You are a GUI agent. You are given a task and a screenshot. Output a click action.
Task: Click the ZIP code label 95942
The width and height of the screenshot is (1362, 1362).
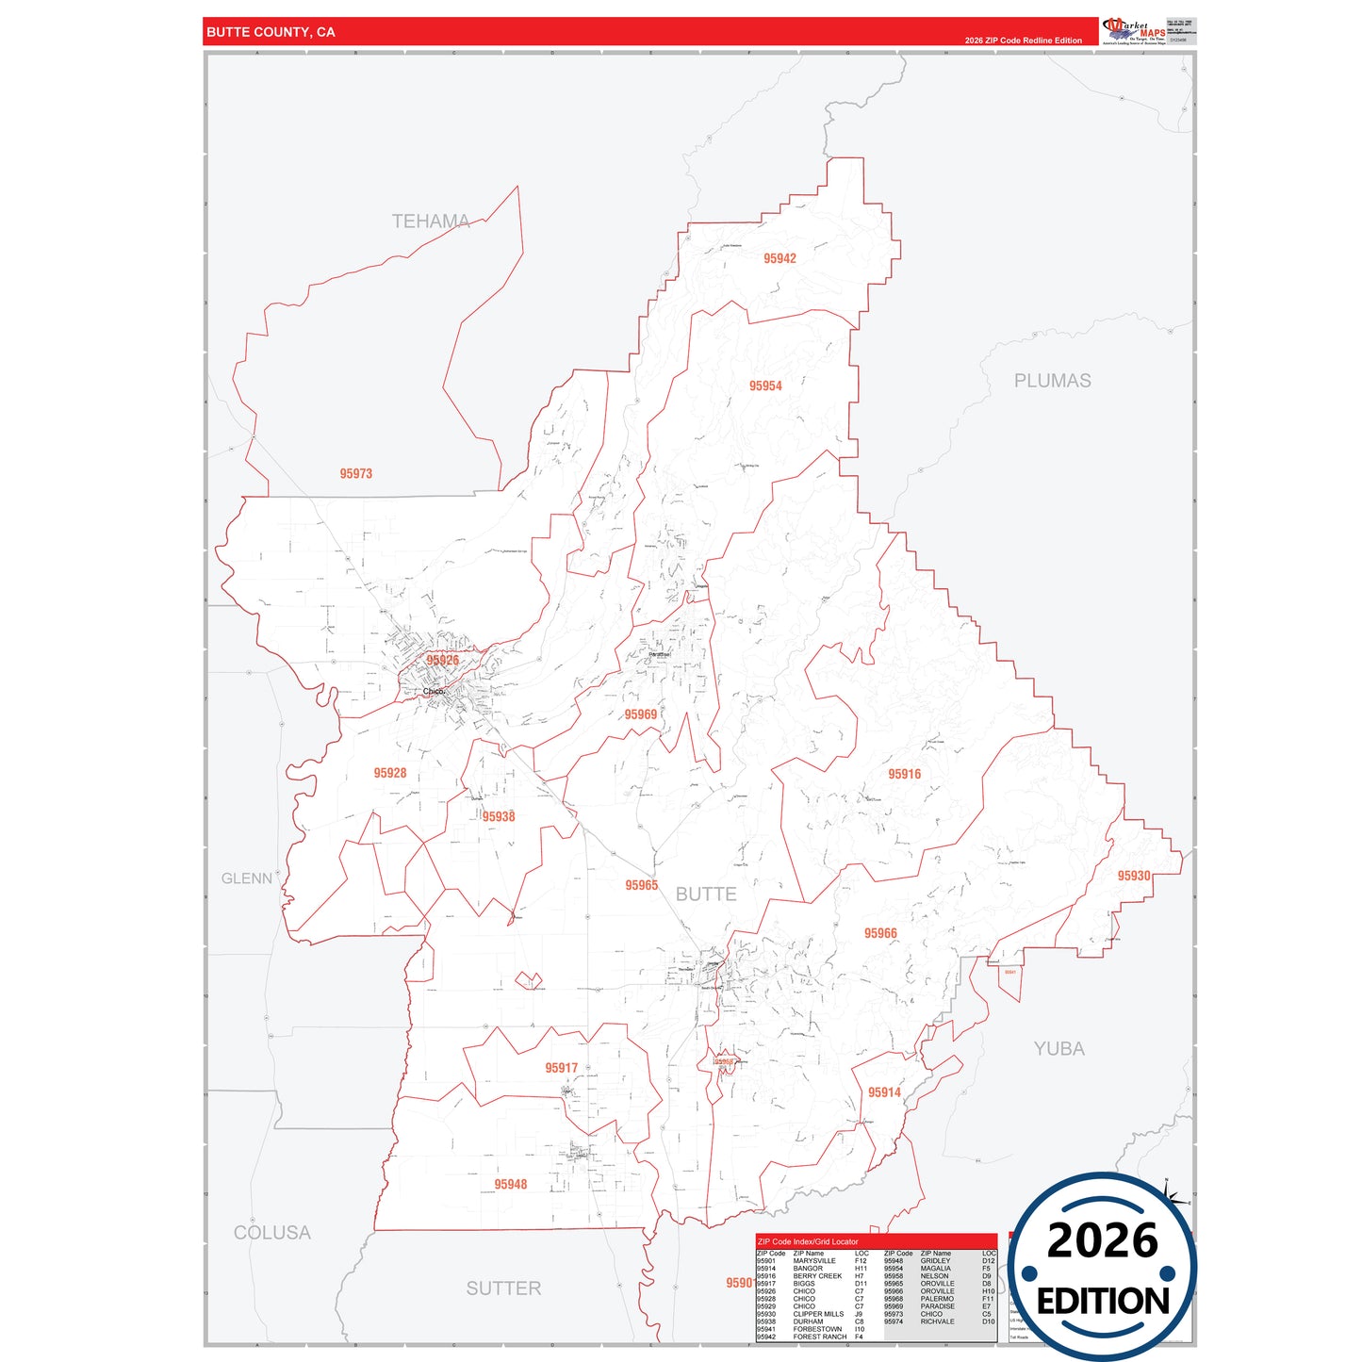pyautogui.click(x=779, y=258)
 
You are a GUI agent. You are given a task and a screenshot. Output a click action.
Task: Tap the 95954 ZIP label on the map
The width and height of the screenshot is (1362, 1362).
pyautogui.click(x=765, y=386)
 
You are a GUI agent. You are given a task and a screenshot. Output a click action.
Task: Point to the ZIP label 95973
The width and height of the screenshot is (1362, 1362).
pyautogui.click(x=356, y=474)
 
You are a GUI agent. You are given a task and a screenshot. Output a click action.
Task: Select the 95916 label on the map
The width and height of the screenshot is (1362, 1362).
pyautogui.click(x=904, y=774)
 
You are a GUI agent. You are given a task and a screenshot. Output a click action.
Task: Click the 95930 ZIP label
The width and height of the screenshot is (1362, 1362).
pyautogui.click(x=1134, y=876)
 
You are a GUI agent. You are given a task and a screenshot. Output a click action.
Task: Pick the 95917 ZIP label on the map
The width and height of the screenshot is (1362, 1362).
pyautogui.click(x=561, y=1068)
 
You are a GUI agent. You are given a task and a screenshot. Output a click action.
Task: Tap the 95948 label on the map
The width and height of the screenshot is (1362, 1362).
pyautogui.click(x=511, y=1185)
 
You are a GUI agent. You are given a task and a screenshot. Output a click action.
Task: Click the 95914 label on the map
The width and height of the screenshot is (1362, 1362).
pyautogui.click(x=884, y=1092)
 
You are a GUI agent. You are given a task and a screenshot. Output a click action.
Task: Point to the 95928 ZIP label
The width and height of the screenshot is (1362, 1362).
pyautogui.click(x=390, y=773)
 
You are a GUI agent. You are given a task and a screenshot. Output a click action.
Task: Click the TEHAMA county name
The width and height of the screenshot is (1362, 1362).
pyautogui.click(x=431, y=222)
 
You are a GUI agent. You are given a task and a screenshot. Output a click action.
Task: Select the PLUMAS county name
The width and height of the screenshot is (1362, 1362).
pyautogui.click(x=1052, y=381)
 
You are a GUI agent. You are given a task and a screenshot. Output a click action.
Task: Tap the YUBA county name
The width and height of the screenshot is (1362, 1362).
pyautogui.click(x=1058, y=1048)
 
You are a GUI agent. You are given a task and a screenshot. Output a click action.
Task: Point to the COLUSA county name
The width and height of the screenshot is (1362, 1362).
pyautogui.click(x=272, y=1233)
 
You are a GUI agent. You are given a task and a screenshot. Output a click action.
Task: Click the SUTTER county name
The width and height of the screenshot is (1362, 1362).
pyautogui.click(x=503, y=1288)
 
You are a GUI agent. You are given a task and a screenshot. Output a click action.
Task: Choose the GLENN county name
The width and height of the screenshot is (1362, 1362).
pyautogui.click(x=247, y=878)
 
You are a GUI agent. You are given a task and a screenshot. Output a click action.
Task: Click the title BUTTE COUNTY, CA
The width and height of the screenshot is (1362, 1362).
pyautogui.click(x=271, y=32)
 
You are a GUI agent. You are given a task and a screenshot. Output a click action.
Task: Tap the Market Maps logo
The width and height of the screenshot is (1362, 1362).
pyautogui.click(x=1134, y=30)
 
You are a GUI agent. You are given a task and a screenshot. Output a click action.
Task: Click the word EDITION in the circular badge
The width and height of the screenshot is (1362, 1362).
pyautogui.click(x=1103, y=1302)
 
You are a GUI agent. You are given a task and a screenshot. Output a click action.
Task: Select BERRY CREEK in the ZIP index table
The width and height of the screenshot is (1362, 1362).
pyautogui.click(x=817, y=1276)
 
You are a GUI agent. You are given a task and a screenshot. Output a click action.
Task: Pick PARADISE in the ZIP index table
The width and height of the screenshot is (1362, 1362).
pyautogui.click(x=937, y=1306)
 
